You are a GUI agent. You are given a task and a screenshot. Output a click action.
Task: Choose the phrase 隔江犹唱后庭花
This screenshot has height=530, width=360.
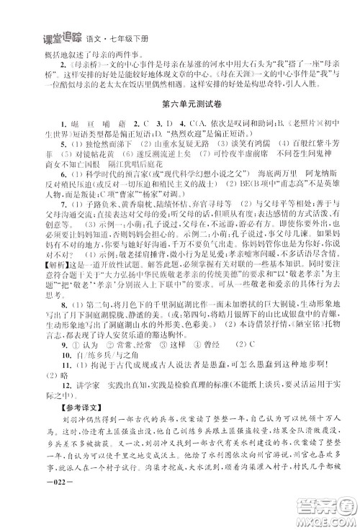pos(125,173)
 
